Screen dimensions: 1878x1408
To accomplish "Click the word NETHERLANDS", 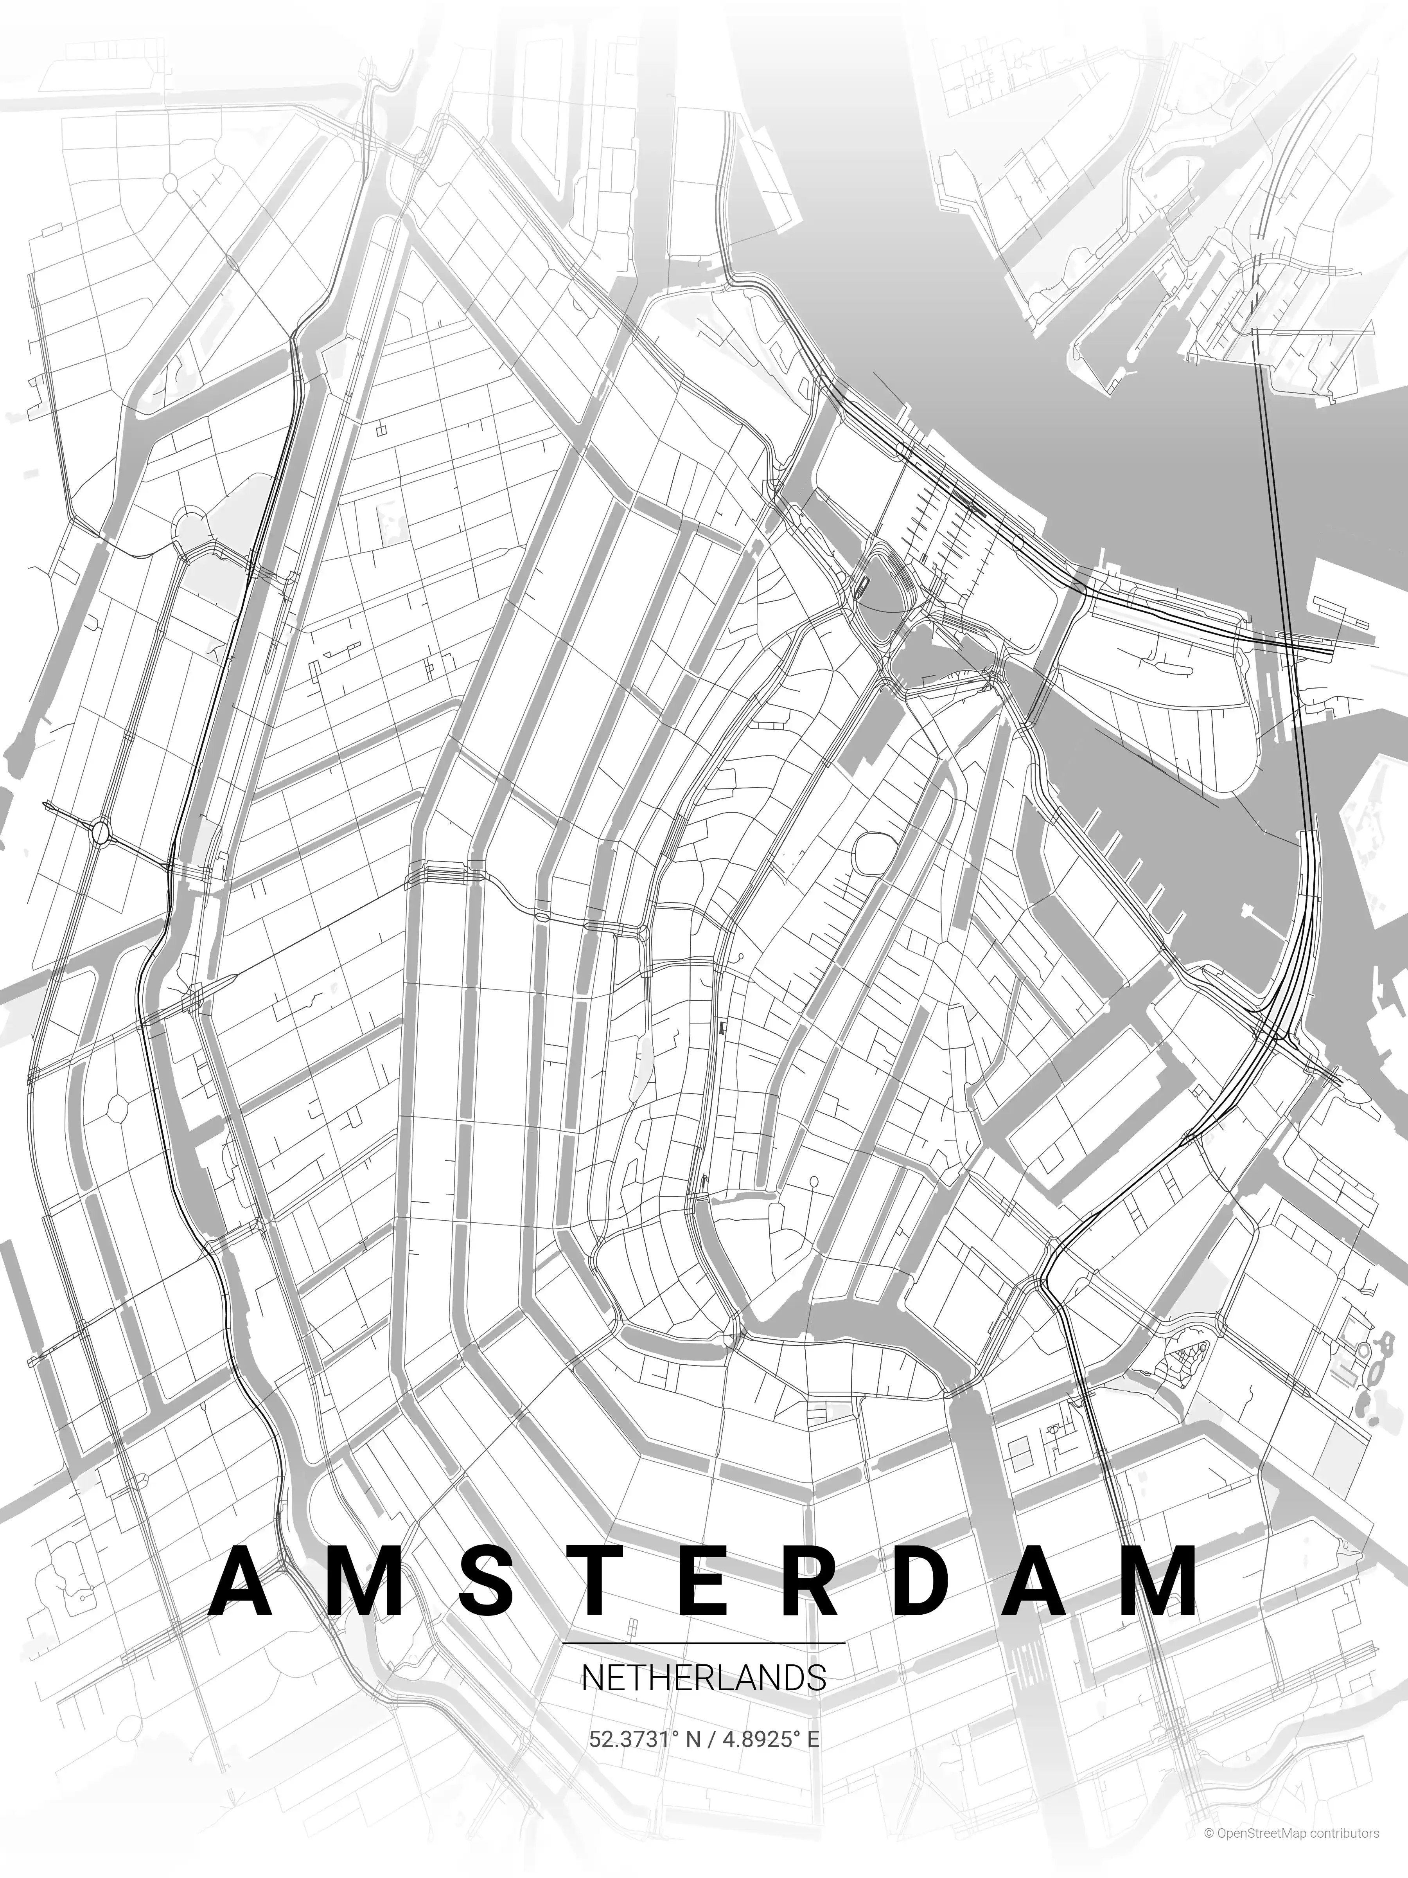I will click(704, 1678).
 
